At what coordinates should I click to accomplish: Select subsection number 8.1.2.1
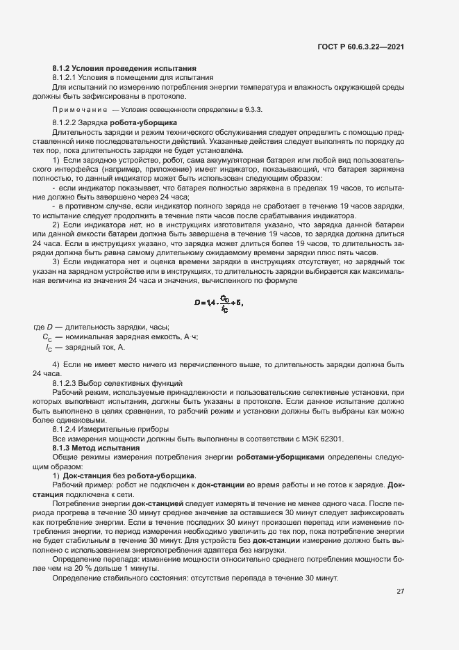pyautogui.click(x=68, y=78)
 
